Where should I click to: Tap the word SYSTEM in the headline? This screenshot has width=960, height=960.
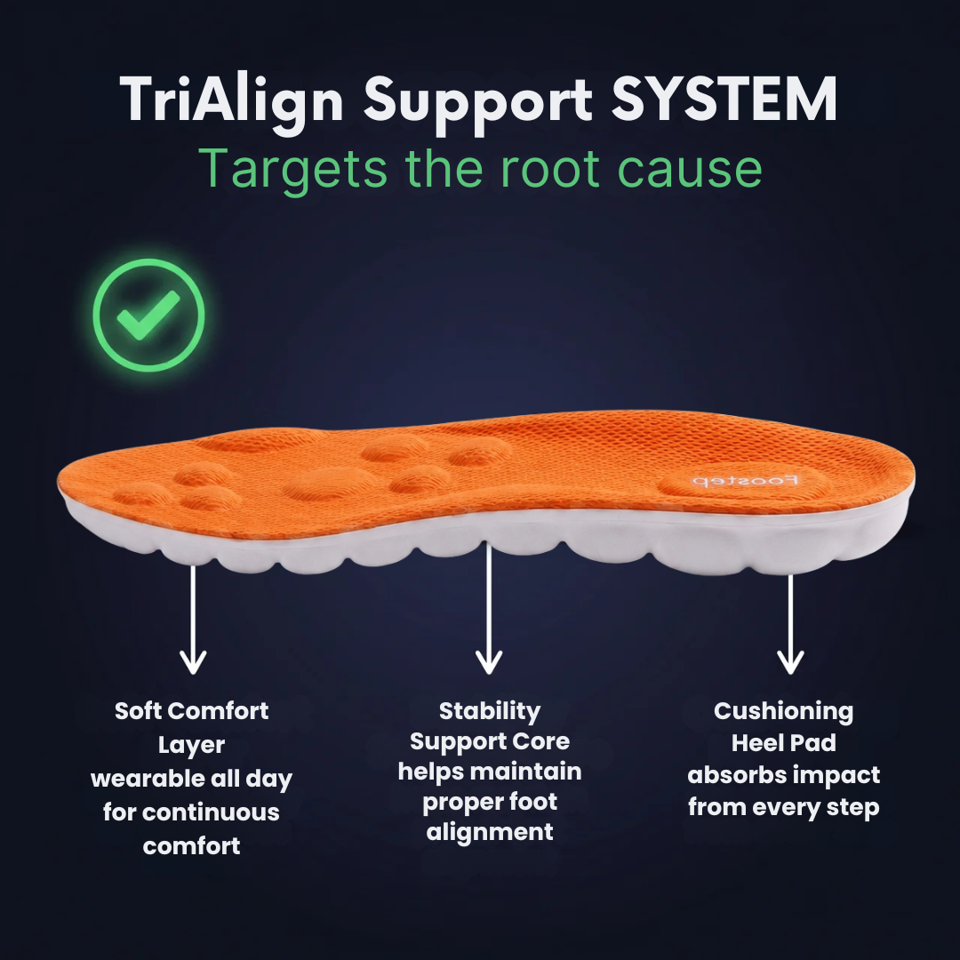(x=724, y=100)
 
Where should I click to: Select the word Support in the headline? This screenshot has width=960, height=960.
(x=477, y=103)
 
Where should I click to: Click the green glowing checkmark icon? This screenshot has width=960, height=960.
(x=148, y=315)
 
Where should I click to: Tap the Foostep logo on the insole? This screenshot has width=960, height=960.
(x=745, y=481)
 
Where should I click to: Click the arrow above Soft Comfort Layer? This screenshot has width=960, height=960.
(x=193, y=620)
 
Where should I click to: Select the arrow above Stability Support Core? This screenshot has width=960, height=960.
(x=489, y=609)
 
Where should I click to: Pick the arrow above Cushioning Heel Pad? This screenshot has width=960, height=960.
(x=790, y=625)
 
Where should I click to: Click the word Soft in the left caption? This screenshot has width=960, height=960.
(x=138, y=711)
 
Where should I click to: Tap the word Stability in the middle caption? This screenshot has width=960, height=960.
(x=490, y=712)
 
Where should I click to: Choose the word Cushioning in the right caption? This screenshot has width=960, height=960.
(x=783, y=712)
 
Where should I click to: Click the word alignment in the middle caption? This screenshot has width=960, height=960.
(x=490, y=833)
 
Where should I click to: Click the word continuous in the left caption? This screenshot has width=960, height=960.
(x=211, y=812)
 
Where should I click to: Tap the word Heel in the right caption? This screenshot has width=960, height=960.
(x=756, y=743)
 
